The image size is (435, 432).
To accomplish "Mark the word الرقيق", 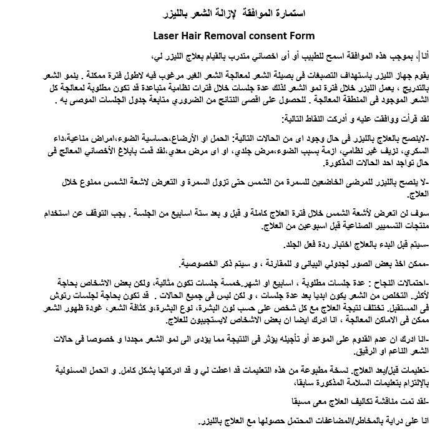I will (x=349, y=351).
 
